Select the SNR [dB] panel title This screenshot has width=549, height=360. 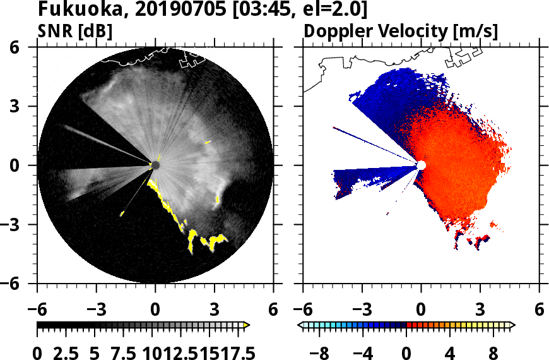75,30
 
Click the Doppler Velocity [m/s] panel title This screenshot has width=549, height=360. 402,30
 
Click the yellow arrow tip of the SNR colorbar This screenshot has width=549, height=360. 247,325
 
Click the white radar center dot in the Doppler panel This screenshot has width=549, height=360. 421,165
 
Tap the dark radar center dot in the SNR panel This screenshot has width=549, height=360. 155,165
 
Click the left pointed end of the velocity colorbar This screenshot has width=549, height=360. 300,325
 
